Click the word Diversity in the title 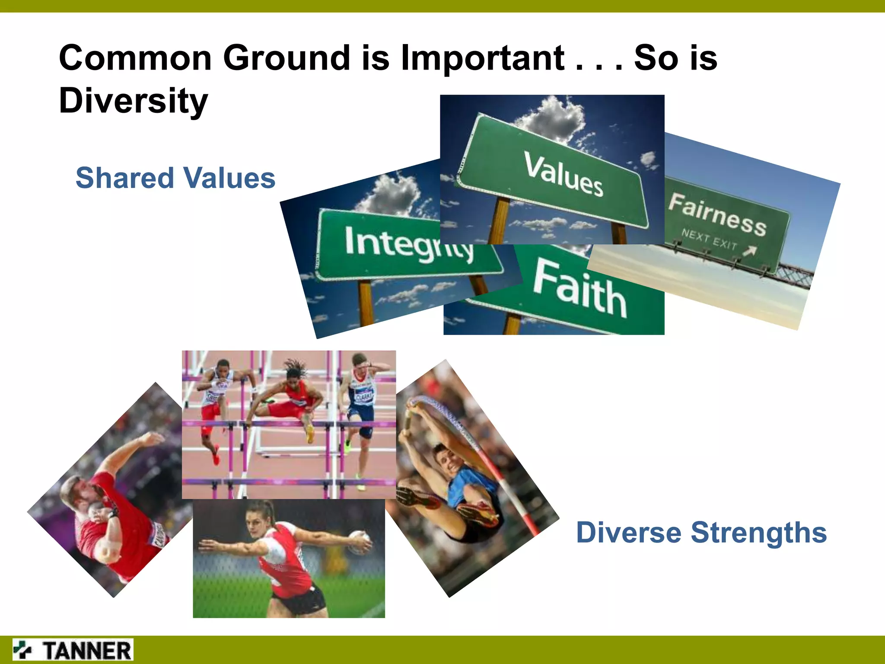click(x=133, y=100)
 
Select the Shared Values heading click(x=175, y=178)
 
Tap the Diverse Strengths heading click(x=701, y=532)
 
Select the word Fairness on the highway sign click(x=717, y=214)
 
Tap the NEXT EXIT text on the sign click(x=709, y=239)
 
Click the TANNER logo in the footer click(x=73, y=650)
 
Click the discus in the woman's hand click(x=359, y=542)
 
